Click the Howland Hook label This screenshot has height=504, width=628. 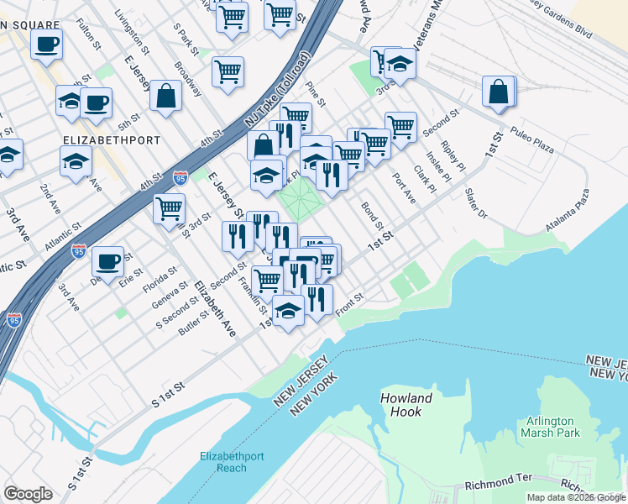coord(406,406)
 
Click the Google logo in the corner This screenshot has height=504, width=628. coord(28,494)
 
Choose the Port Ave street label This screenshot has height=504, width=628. coord(404,187)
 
